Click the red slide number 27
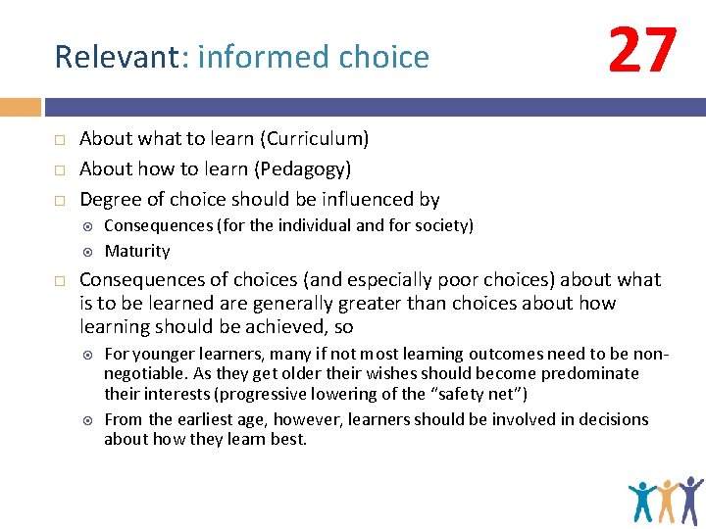[642, 52]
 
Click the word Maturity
[137, 251]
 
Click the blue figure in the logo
[643, 501]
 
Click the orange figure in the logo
[668, 501]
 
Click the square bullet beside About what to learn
[59, 139]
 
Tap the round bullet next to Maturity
[87, 252]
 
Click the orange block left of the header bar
[20, 107]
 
